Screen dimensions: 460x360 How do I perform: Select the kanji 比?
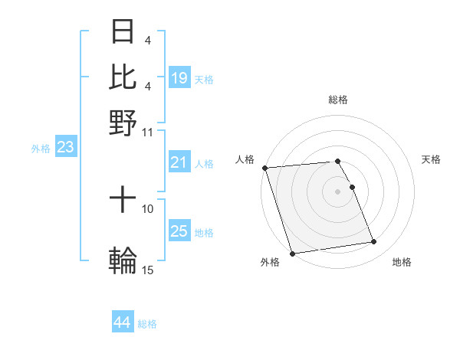123,77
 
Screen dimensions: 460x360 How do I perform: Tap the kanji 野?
123,121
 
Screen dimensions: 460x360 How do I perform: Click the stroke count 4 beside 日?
147,41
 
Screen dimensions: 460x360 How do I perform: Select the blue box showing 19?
179,77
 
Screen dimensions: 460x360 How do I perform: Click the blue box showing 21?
179,162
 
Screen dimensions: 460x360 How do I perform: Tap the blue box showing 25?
179,231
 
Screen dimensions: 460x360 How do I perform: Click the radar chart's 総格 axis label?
337,100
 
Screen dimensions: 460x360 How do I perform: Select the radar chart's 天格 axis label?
431,159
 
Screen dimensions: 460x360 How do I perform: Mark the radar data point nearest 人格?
264,168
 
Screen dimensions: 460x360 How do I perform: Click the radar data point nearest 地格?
373,242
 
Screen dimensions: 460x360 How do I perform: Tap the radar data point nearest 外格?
292,253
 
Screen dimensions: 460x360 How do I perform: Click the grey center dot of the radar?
337,191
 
